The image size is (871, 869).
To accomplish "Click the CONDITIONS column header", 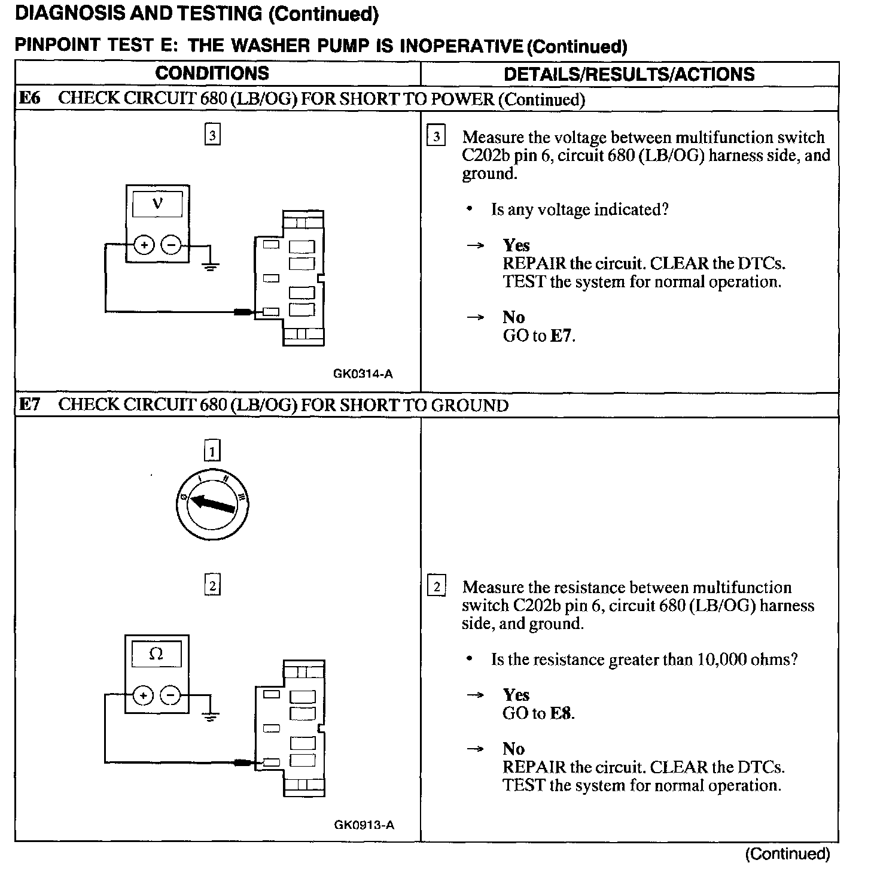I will [x=212, y=74].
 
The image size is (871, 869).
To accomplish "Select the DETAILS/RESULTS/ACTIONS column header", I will [x=629, y=74].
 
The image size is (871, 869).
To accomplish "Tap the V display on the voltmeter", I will [x=157, y=203].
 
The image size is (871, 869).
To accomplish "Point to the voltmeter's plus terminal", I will [x=144, y=245].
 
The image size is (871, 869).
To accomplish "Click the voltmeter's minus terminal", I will [x=171, y=245].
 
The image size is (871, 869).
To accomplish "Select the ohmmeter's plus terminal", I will [x=144, y=695].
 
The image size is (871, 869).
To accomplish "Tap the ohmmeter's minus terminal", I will [x=171, y=695].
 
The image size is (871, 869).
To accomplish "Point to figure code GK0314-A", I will [x=363, y=374].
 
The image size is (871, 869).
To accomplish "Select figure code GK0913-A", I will [x=364, y=825].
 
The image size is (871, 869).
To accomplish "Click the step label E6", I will [x=30, y=99].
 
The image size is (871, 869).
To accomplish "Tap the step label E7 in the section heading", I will [x=30, y=405].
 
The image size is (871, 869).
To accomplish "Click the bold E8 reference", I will [x=561, y=713].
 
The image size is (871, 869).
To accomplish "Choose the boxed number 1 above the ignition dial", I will [x=212, y=450].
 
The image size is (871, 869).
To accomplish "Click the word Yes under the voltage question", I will [x=516, y=245].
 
